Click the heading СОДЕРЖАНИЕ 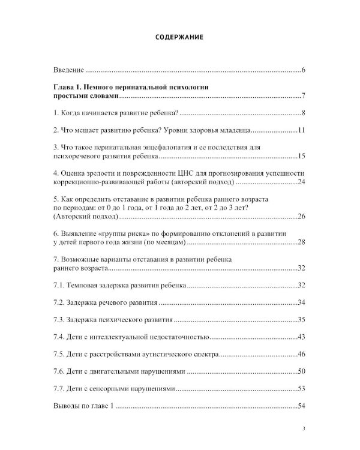(x=179, y=37)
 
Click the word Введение (x=68, y=71)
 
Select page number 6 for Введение (x=304, y=71)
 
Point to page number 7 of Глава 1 (x=304, y=96)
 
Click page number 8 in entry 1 (x=304, y=113)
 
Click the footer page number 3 (x=304, y=428)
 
